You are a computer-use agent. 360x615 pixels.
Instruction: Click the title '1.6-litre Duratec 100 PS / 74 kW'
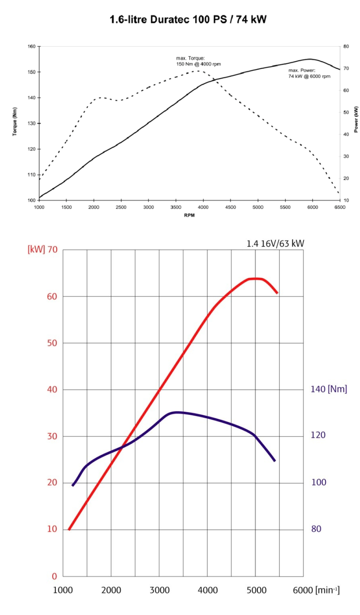pyautogui.click(x=189, y=19)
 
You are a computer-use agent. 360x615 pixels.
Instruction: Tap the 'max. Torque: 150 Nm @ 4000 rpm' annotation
pyautogui.click(x=198, y=61)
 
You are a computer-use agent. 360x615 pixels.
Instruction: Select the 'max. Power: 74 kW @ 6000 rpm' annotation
pyautogui.click(x=309, y=73)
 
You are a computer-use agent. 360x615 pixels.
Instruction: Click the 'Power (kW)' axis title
pyautogui.click(x=356, y=120)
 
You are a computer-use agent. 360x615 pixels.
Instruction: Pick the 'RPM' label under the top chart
pyautogui.click(x=189, y=215)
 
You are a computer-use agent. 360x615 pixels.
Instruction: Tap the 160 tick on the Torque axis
pyautogui.click(x=31, y=46)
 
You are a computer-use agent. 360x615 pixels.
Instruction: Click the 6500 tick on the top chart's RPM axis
pyautogui.click(x=339, y=208)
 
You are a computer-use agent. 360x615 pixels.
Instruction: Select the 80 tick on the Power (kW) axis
pyautogui.click(x=346, y=46)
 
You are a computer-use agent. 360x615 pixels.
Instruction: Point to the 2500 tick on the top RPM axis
pyautogui.click(x=121, y=208)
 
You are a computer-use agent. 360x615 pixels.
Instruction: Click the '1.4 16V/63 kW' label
pyautogui.click(x=275, y=244)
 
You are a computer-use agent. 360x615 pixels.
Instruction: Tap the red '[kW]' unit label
pyautogui.click(x=36, y=250)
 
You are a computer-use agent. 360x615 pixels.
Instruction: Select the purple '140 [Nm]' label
pyautogui.click(x=329, y=389)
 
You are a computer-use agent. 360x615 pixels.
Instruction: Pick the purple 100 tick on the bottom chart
pyautogui.click(x=319, y=483)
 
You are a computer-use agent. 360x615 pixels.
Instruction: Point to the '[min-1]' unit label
pyautogui.click(x=327, y=590)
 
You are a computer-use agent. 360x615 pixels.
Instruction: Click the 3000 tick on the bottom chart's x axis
pyautogui.click(x=159, y=590)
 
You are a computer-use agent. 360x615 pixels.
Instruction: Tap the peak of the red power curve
pyautogui.click(x=256, y=278)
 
